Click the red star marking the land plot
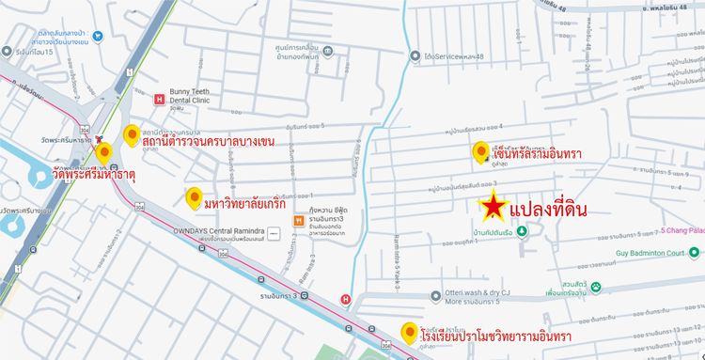492,207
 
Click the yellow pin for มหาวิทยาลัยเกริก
195,197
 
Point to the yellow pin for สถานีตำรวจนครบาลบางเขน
133,134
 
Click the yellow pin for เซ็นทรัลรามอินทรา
479,152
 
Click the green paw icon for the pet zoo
596,286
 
